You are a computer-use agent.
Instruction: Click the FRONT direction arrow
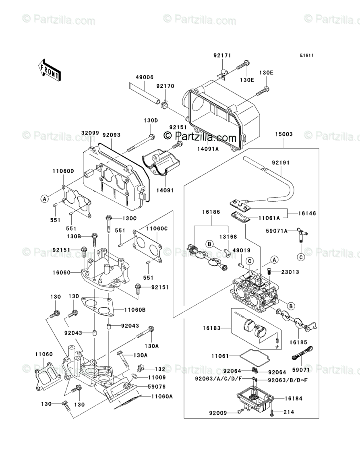tap(50, 70)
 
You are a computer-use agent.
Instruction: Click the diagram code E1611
tap(306, 55)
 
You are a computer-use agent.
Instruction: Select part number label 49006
tap(144, 77)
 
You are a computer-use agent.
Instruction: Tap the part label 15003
tap(283, 134)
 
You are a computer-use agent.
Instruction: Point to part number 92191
tap(281, 163)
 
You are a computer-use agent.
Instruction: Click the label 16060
tap(61, 273)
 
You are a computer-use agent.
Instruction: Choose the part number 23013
tap(290, 272)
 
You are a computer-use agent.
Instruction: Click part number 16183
tap(211, 328)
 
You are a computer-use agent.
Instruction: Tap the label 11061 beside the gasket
tap(220, 356)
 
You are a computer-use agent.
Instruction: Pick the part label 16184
tap(294, 398)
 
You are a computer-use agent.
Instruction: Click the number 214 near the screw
tap(289, 412)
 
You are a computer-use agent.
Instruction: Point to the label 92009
tap(218, 413)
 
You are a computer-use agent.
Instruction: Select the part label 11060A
tap(162, 396)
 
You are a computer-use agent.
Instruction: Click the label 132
tap(160, 369)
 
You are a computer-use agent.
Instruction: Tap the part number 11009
tap(157, 378)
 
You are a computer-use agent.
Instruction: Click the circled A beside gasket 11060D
tap(44, 198)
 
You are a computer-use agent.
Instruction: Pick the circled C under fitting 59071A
tap(301, 257)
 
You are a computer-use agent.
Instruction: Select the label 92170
tap(165, 86)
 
